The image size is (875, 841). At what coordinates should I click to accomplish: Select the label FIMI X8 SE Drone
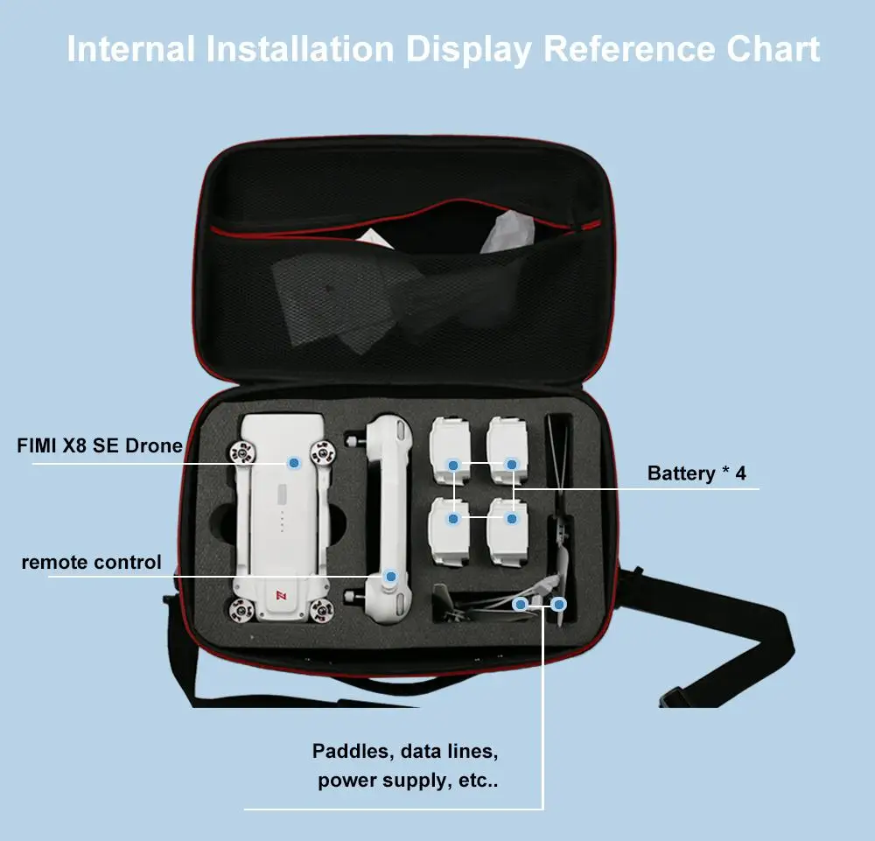coord(100,445)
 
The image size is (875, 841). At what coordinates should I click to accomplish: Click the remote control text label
coord(91,562)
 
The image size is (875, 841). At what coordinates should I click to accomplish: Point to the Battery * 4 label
coord(696,473)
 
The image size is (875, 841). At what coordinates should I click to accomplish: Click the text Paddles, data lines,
coord(405,751)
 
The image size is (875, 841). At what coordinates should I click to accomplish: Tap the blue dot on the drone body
coord(294,462)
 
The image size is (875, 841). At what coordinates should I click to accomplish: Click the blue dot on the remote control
coord(390,577)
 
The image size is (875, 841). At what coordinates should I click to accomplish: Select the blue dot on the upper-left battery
coord(453,464)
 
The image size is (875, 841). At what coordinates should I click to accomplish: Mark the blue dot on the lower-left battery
coord(453,519)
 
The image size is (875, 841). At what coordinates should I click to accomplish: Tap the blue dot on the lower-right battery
coord(512,519)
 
